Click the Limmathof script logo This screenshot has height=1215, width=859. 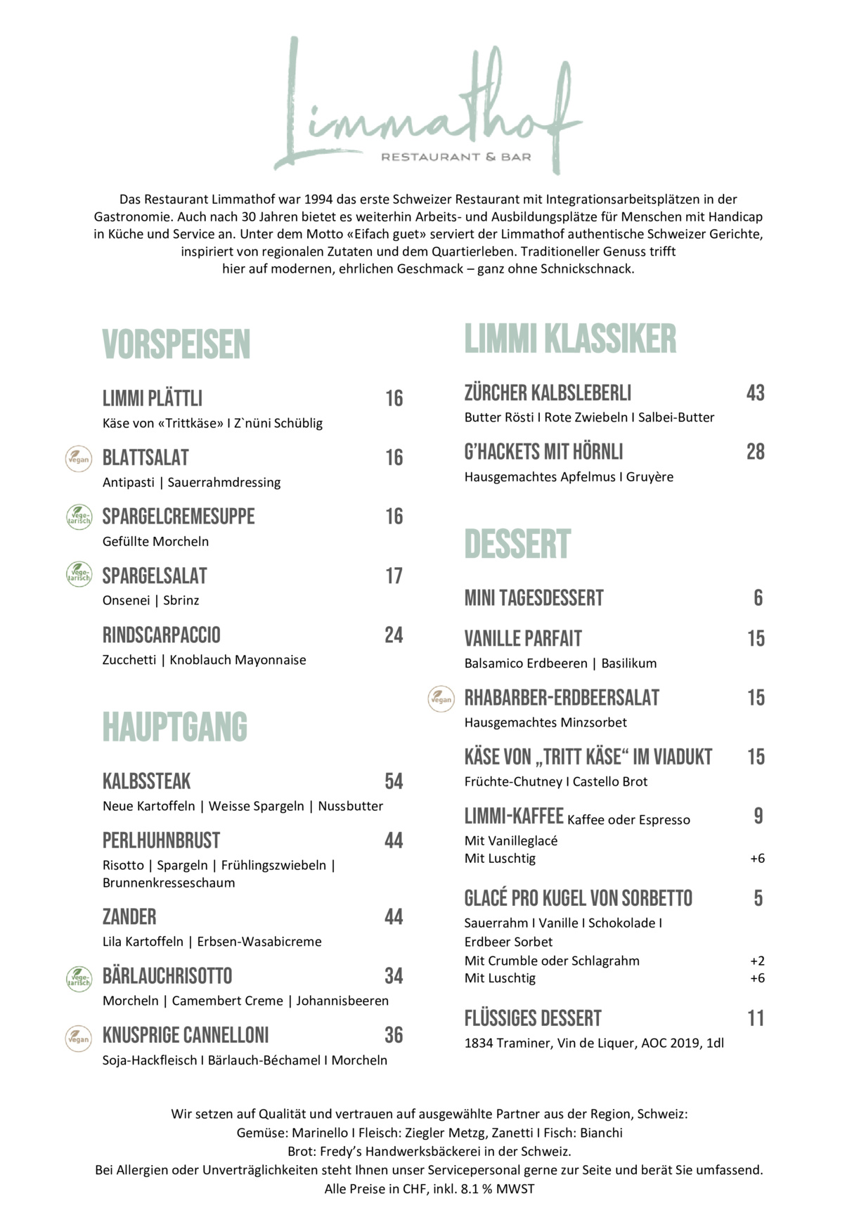pyautogui.click(x=429, y=105)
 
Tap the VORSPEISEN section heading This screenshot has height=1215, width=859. pyautogui.click(x=176, y=344)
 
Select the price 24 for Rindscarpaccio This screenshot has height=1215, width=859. pyautogui.click(x=394, y=635)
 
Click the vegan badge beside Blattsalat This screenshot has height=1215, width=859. pyautogui.click(x=78, y=459)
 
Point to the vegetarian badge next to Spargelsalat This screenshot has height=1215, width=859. pyautogui.click(x=79, y=575)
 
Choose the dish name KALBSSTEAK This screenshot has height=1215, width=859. pyautogui.click(x=146, y=781)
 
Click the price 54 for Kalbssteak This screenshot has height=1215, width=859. pyautogui.click(x=394, y=781)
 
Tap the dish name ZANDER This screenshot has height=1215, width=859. pyautogui.click(x=129, y=917)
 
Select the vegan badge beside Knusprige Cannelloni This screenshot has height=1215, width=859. pyautogui.click(x=78, y=1038)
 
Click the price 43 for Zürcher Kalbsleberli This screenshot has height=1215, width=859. pyautogui.click(x=755, y=393)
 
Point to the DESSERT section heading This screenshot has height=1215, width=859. pyautogui.click(x=517, y=545)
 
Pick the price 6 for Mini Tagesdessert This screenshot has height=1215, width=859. pyautogui.click(x=758, y=598)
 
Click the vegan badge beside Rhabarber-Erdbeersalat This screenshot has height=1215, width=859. pyautogui.click(x=441, y=699)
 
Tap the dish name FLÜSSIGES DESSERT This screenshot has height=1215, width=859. pyautogui.click(x=533, y=1019)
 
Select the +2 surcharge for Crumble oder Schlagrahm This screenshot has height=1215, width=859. pyautogui.click(x=757, y=961)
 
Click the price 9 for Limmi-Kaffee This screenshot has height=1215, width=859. pyautogui.click(x=758, y=817)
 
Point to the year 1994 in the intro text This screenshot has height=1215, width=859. pyautogui.click(x=319, y=200)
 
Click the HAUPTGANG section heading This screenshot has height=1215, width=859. pyautogui.click(x=175, y=727)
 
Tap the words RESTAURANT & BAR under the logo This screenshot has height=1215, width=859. pyautogui.click(x=456, y=157)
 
